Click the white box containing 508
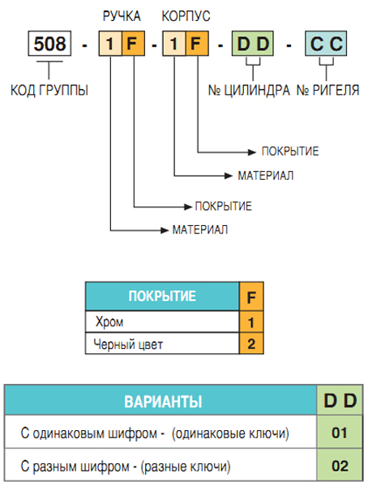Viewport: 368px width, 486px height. click(49, 44)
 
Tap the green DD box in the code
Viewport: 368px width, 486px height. click(253, 44)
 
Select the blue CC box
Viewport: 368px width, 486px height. click(326, 44)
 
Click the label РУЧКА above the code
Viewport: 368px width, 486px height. click(122, 16)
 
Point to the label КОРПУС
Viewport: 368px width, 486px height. click(186, 16)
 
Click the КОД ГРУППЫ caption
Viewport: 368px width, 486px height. click(49, 90)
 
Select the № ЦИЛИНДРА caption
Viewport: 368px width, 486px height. click(249, 90)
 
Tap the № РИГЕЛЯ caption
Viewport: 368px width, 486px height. click(328, 90)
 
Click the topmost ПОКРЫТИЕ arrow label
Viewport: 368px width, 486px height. click(290, 151)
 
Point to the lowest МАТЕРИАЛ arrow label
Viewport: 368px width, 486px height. click(200, 230)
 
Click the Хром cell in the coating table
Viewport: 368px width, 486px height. click(162, 322)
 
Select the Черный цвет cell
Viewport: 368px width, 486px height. click(162, 343)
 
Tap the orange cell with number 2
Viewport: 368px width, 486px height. click(251, 343)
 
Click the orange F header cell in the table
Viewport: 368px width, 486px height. click(251, 296)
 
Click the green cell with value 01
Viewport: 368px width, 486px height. click(340, 432)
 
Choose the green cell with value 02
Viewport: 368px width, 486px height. click(340, 465)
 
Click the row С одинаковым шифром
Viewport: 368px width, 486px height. click(160, 432)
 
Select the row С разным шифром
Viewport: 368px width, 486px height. click(160, 465)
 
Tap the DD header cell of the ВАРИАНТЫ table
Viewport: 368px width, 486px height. click(340, 400)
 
